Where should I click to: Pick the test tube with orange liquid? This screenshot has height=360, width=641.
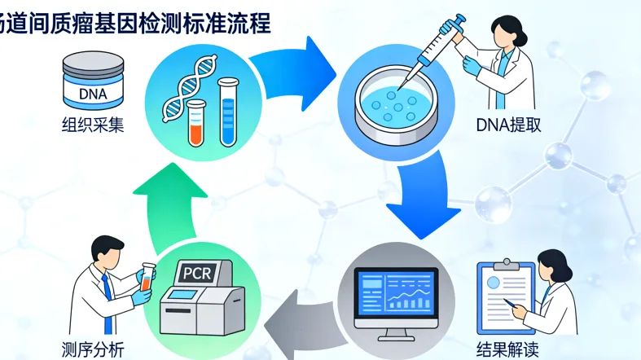(x=195, y=122)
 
